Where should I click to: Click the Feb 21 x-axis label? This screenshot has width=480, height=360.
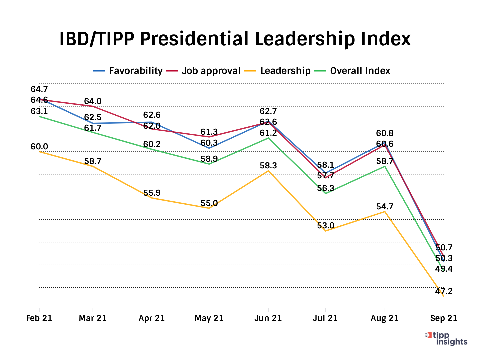(39, 318)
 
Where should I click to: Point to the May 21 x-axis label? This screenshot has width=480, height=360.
(209, 318)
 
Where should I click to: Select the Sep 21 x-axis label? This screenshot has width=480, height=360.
(444, 318)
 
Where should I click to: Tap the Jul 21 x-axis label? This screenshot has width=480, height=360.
(325, 318)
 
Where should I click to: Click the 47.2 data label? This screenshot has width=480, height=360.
(444, 291)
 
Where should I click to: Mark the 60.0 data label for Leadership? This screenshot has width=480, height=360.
(39, 147)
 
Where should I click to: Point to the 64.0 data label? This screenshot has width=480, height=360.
(93, 101)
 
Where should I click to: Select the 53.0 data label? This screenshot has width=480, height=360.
(325, 226)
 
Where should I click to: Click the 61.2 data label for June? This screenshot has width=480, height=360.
(268, 133)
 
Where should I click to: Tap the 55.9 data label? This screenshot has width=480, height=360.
(152, 193)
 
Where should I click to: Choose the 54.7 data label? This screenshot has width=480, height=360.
(385, 207)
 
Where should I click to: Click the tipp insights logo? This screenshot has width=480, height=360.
(447, 338)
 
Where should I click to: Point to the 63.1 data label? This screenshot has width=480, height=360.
(39, 111)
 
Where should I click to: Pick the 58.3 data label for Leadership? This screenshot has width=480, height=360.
(268, 166)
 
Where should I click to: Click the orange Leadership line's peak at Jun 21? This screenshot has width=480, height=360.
(268, 171)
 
